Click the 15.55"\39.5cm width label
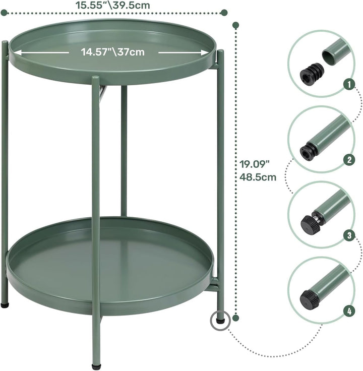click(x=112, y=5)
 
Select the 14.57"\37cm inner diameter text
click(x=112, y=51)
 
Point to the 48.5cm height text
click(x=258, y=177)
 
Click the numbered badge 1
click(x=347, y=84)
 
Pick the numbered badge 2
click(x=347, y=160)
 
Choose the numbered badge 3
click(x=347, y=235)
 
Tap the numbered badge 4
click(x=347, y=311)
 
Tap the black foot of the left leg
click(x=5, y=304)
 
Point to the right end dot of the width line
click(x=224, y=12)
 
